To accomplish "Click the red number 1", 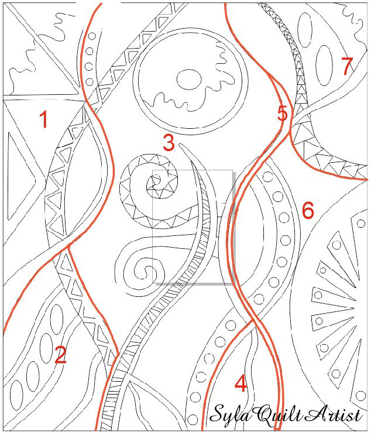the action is click(x=43, y=119).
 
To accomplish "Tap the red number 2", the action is click(x=60, y=354).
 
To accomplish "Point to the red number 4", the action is click(x=241, y=383).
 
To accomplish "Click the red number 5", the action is click(x=282, y=113).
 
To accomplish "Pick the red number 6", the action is click(x=308, y=210).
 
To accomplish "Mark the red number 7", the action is click(x=346, y=66).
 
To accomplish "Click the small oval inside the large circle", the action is click(x=189, y=80).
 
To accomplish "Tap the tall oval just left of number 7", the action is click(x=324, y=65).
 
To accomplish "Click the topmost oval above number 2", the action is click(x=56, y=318).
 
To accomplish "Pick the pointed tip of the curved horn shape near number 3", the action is click(x=180, y=144).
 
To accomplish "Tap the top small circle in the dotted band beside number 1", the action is click(x=92, y=36).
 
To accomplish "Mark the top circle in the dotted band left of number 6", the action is click(x=267, y=177).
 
